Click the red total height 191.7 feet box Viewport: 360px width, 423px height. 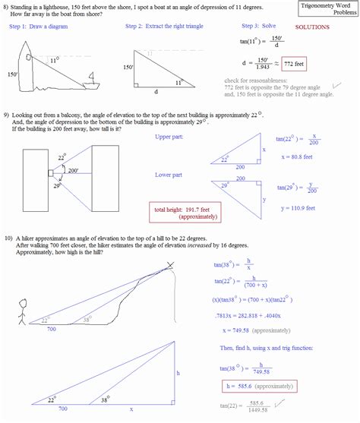pos(182,212)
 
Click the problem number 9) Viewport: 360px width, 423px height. pos(6,113)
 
